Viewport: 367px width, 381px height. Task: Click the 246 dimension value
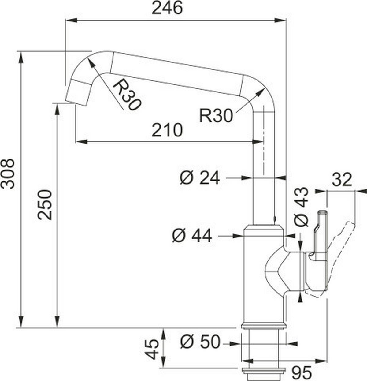click(167, 8)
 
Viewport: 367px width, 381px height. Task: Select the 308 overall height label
click(7, 174)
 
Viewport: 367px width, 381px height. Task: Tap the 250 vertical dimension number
click(45, 205)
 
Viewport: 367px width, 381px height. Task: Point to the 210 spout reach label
click(167, 130)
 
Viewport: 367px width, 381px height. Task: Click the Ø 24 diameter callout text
click(200, 178)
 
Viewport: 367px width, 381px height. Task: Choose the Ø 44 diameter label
click(192, 236)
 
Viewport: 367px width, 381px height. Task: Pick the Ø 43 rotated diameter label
click(301, 207)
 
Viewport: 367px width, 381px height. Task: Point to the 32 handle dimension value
click(342, 180)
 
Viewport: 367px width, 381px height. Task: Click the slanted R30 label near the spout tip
click(127, 95)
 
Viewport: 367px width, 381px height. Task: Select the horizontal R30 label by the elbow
click(216, 116)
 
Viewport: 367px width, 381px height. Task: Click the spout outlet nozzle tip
click(76, 93)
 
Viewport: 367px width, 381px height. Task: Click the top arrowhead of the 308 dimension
click(21, 58)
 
